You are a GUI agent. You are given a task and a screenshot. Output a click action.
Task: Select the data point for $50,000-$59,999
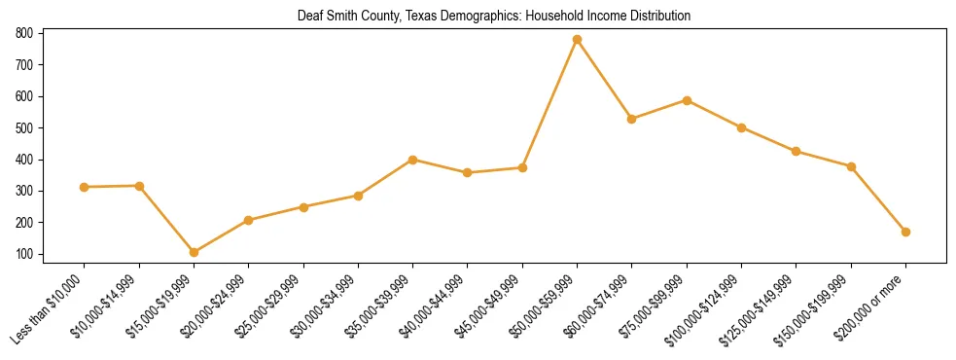(x=578, y=40)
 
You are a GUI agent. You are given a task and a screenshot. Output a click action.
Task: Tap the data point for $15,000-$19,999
(x=195, y=252)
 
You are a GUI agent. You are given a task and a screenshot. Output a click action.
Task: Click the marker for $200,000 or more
(x=906, y=232)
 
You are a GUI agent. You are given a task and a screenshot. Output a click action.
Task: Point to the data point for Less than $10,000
(x=85, y=187)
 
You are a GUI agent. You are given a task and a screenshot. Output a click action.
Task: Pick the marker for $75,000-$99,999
(x=687, y=100)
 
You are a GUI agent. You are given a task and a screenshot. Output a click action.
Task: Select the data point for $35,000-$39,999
(x=413, y=160)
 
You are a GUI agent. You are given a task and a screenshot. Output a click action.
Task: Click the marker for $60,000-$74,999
(x=632, y=119)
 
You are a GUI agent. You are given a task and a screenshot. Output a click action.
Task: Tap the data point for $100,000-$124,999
(x=742, y=127)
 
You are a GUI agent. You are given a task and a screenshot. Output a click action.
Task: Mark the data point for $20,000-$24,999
(x=249, y=220)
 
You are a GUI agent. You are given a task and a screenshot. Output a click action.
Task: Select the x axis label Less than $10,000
(x=51, y=308)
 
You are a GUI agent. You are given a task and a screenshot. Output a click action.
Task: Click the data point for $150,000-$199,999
(x=852, y=167)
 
